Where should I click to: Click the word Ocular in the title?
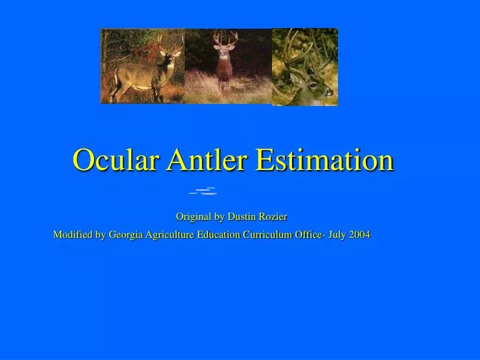pos(114,161)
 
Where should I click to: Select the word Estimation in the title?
pos(325,161)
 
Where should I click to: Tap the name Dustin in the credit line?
pos(243,217)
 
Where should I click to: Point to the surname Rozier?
pos(274,217)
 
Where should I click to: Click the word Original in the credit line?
pos(195,217)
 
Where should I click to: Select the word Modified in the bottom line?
pos(73,235)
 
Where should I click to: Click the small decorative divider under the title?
pos(204,192)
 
